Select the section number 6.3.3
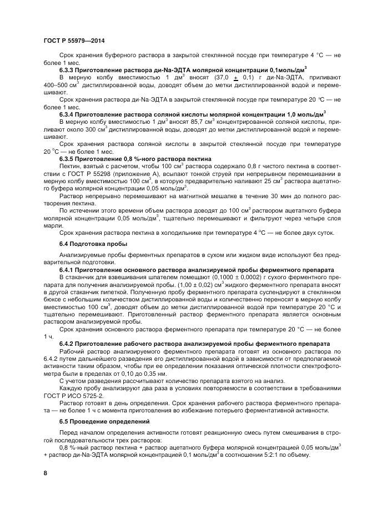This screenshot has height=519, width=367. point(68,71)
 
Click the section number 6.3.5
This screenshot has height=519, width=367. point(68,158)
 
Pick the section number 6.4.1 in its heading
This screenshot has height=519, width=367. point(68,269)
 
